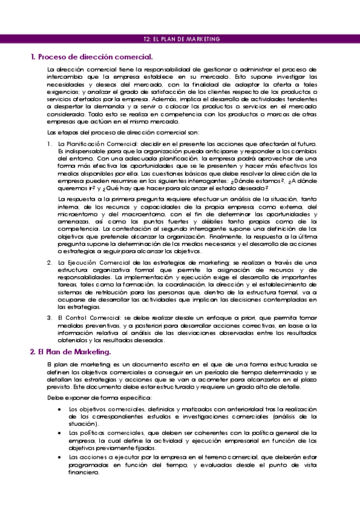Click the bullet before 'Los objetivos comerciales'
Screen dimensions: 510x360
(x=59, y=409)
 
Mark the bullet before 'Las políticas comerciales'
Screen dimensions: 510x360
(x=59, y=432)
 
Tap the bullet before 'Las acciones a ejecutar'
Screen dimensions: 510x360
(x=59, y=456)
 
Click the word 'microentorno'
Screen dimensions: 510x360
(x=78, y=214)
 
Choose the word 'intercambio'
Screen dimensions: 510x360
(x=65, y=78)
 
